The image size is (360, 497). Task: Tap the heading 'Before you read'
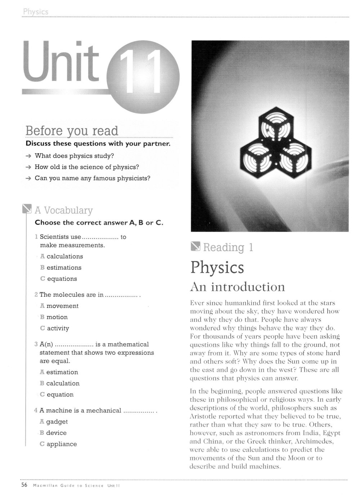[x=72, y=131]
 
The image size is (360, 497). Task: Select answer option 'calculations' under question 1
[x=64, y=256]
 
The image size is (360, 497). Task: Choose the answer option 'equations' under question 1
[x=62, y=279]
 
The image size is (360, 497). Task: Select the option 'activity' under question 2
[x=58, y=328]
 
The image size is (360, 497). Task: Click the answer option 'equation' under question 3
[x=60, y=395]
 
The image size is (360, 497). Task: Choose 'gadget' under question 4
[x=57, y=422]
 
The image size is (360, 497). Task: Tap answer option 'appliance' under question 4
[x=62, y=444]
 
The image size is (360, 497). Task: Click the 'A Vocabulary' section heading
[x=64, y=210]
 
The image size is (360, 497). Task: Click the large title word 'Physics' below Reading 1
[x=217, y=267]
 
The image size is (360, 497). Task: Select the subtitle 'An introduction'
[x=237, y=287]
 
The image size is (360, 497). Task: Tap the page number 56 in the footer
[x=24, y=485]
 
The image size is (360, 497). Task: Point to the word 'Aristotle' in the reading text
[x=204, y=416]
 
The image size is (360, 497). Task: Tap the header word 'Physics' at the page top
[x=35, y=12]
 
